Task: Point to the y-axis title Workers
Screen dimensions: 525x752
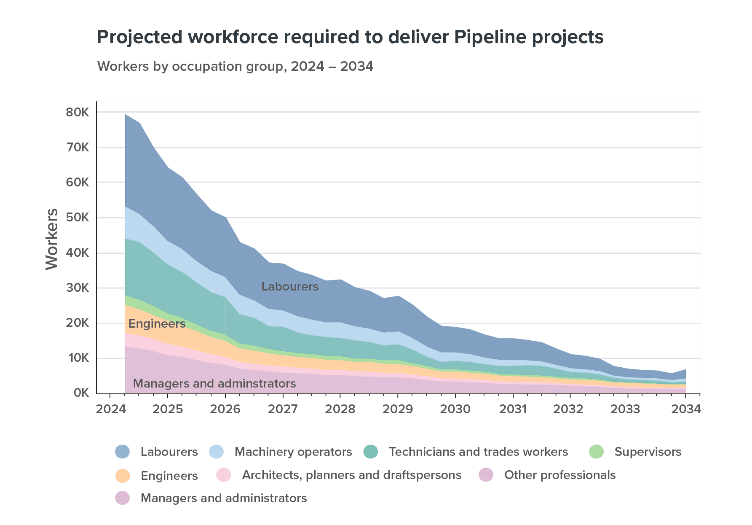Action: pos(52,239)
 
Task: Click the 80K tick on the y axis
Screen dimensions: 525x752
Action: pos(78,113)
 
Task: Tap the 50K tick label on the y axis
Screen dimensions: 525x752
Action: pos(78,218)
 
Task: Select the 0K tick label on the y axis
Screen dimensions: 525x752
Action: pos(81,393)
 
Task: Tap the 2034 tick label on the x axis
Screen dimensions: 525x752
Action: pos(685,409)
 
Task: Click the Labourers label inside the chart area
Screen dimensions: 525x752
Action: pos(290,287)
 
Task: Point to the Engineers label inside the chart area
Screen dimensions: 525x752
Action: pos(157,324)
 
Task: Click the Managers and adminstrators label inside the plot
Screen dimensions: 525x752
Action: pos(214,384)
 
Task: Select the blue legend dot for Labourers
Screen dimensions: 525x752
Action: pos(122,452)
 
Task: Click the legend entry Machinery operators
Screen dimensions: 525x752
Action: pos(293,452)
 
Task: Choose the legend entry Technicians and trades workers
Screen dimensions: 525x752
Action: pos(478,452)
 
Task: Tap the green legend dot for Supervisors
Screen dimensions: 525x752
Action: pos(596,452)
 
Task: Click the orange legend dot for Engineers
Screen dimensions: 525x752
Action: pos(122,475)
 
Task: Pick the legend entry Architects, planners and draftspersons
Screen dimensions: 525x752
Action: pos(351,475)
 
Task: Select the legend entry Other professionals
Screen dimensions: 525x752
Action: pos(559,475)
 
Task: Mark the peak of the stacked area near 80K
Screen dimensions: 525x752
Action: pos(126,115)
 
